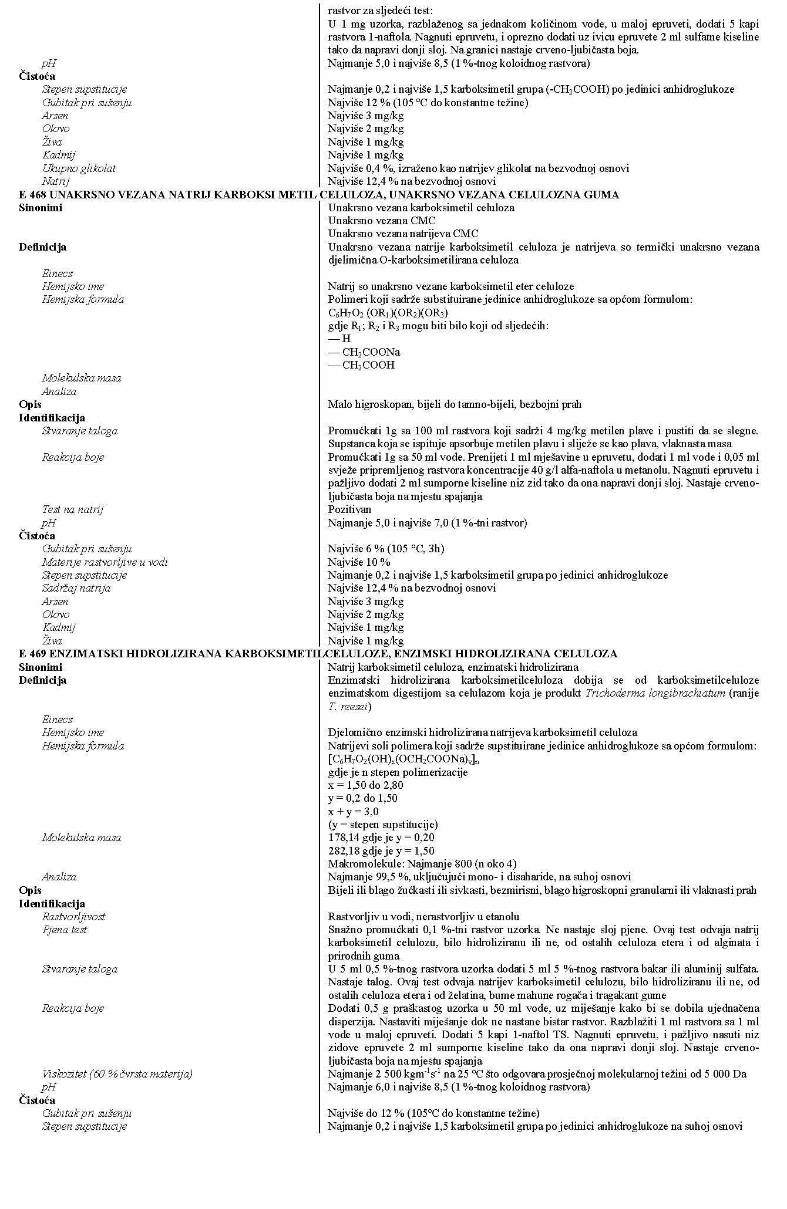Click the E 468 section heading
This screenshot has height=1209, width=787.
tap(319, 195)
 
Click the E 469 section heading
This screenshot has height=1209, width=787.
tap(318, 654)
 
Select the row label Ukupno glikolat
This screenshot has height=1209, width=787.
tap(79, 168)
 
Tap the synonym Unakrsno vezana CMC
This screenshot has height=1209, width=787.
tap(382, 221)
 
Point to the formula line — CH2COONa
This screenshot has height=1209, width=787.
tap(364, 352)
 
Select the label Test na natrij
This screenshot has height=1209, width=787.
tap(72, 509)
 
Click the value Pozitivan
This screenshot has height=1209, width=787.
tap(349, 509)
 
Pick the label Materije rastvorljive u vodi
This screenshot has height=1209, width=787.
tap(105, 562)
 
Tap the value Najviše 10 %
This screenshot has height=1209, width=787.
tap(359, 562)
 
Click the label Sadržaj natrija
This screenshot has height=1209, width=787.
tap(76, 588)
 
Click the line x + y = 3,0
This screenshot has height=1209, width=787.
tap(353, 812)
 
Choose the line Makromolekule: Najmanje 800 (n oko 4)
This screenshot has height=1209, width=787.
tap(422, 864)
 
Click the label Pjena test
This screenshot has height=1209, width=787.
tap(64, 930)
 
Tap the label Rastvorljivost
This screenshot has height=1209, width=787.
tap(73, 917)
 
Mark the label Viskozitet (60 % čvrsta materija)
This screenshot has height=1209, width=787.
tap(117, 1074)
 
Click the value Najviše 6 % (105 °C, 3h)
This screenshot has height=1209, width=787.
tap(386, 549)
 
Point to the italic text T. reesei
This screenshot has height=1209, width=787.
tap(348, 707)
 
